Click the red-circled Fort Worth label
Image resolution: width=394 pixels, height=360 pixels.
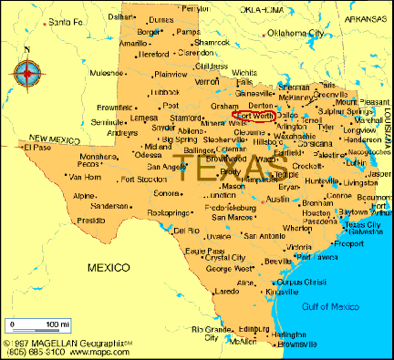(x=254, y=116)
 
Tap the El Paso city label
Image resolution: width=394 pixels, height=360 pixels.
(x=38, y=146)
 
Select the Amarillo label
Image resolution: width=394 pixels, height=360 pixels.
(x=133, y=43)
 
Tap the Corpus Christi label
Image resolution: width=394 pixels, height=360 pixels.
(x=301, y=283)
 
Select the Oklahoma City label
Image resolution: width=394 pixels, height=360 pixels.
(x=295, y=33)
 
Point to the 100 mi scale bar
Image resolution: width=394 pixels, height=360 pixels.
(x=37, y=324)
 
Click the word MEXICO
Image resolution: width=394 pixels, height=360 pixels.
(x=108, y=267)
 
